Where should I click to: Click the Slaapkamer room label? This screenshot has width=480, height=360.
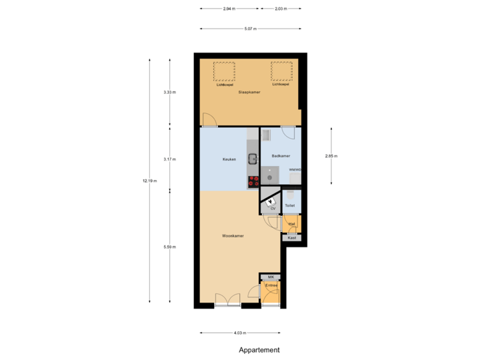pos(249,92)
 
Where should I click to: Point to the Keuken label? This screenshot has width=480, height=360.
pos(229,159)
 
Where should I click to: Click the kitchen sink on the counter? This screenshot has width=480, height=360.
pos(253,159)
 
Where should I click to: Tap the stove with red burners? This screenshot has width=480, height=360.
pos(253,179)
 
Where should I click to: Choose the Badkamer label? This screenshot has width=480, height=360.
pos(281,155)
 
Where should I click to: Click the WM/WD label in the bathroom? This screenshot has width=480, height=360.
pos(295,170)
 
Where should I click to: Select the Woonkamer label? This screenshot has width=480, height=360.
pos(233,235)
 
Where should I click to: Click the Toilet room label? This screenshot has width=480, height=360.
pos(290,205)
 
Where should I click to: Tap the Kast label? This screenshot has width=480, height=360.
pos(291,237)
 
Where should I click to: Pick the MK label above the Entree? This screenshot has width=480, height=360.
pos(270,277)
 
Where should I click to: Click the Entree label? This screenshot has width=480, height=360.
pos(271,285)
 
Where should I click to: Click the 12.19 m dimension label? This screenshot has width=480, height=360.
pos(149,180)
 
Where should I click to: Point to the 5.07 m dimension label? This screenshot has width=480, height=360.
pos(250,29)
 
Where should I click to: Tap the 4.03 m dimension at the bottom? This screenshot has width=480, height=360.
pos(240,333)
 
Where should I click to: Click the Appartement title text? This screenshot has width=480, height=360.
pos(259,350)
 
